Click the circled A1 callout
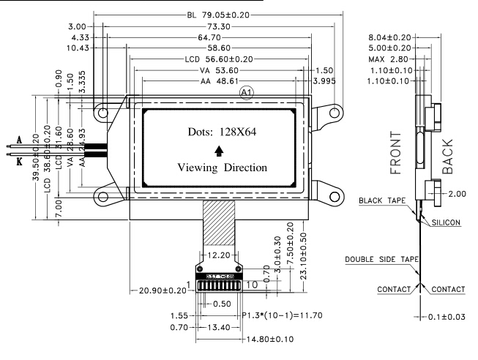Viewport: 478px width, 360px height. point(247,93)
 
